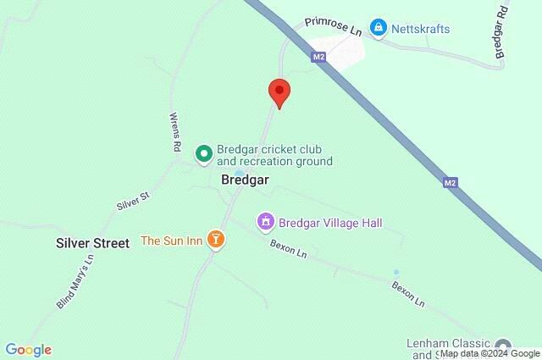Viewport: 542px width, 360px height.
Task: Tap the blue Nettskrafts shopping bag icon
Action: [379, 28]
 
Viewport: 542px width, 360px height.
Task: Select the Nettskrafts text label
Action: [421, 29]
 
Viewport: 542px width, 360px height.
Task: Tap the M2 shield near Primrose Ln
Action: [318, 58]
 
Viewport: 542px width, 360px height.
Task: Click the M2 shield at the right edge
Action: [451, 181]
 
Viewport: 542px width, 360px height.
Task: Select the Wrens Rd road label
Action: [175, 131]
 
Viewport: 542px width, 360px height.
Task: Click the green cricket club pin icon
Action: [203, 153]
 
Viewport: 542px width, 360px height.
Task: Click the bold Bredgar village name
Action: [246, 180]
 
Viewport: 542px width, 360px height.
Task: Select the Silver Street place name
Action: [92, 243]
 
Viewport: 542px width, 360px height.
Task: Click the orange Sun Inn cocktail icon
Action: [217, 241]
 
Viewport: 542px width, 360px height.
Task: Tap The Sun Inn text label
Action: [171, 241]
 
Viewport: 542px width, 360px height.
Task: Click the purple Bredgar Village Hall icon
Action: [266, 222]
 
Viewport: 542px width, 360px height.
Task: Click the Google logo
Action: [28, 350]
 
